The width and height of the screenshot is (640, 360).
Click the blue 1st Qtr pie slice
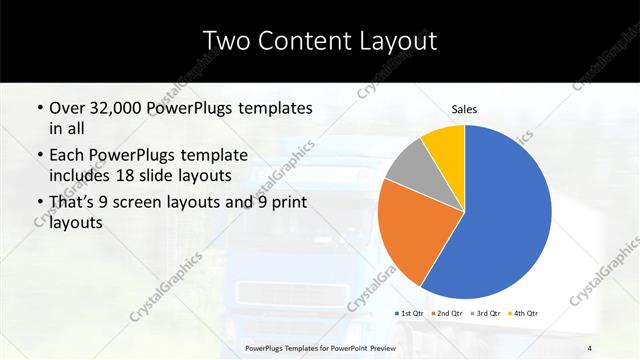(x=505, y=220)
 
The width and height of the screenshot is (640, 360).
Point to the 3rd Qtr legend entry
(x=486, y=313)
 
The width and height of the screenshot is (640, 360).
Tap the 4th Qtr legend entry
(x=524, y=313)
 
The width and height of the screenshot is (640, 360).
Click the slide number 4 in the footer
(x=590, y=347)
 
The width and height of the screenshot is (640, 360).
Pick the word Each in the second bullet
(x=67, y=155)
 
